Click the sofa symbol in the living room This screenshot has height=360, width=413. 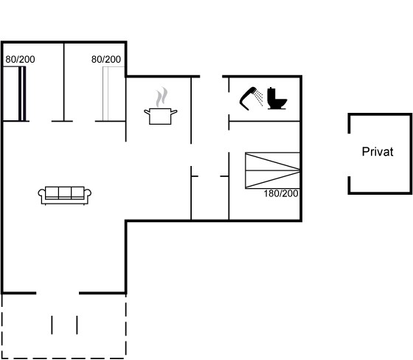tap(65, 195)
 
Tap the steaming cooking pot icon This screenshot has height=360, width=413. tap(161, 106)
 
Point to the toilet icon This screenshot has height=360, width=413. tap(277, 98)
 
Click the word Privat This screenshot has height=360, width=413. tap(378, 151)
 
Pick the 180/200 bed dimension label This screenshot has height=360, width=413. tap(281, 194)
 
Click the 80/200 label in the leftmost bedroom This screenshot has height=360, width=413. tap(21, 59)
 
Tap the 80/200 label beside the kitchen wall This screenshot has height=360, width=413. tap(106, 59)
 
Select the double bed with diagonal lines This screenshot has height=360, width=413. tap(273, 170)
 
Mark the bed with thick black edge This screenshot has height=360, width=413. tap(14, 94)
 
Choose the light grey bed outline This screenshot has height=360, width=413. tap(114, 94)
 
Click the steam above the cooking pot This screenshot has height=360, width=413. tap(162, 97)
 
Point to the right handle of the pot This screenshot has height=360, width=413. tap(174, 111)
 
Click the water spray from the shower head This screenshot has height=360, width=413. tap(259, 97)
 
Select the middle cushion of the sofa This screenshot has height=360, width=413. tap(65, 193)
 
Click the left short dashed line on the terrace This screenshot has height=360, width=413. tap(52, 325)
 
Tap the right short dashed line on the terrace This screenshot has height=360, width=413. tap(77, 325)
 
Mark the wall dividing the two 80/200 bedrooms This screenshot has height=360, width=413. tap(63, 82)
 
